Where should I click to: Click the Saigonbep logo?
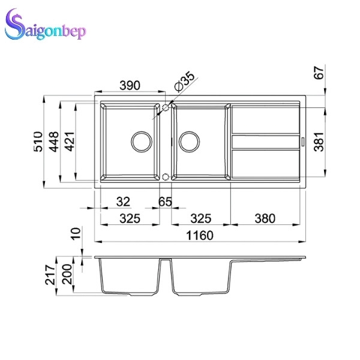(45, 25)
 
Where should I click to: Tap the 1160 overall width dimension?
(200, 235)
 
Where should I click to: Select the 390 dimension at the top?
(130, 85)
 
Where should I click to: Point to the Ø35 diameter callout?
(184, 82)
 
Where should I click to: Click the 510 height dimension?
(38, 142)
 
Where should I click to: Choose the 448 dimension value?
(54, 142)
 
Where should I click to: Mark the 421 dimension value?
(70, 142)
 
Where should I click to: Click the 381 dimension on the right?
(319, 142)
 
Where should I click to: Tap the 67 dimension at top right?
(319, 73)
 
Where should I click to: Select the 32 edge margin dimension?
(123, 202)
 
